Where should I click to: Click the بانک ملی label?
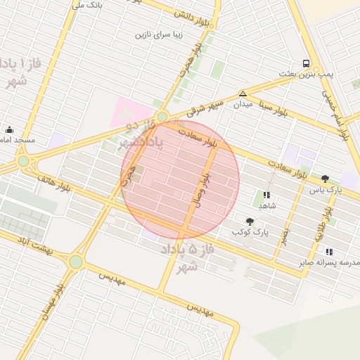pos(89,6)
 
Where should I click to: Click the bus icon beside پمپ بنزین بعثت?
pos(306,63)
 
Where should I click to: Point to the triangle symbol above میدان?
pos(243,94)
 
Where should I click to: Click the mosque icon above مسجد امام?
pos(10,129)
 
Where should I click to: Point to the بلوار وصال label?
pos(201,189)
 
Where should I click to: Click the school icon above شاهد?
pos(266,195)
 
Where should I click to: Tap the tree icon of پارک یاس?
pos(325,179)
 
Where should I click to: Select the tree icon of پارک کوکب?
pos(250,221)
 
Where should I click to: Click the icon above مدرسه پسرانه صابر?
pos(329,251)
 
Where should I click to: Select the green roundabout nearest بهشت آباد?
pos(75,262)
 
